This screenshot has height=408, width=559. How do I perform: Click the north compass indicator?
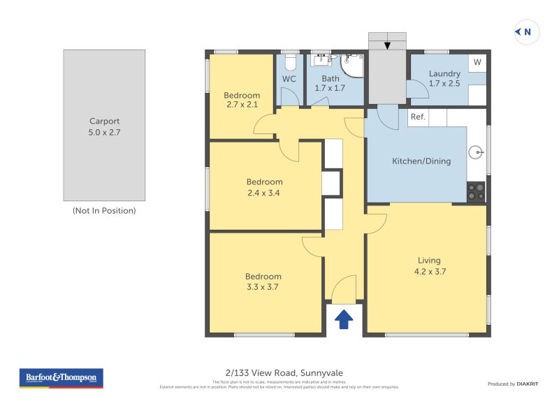(x=523, y=31)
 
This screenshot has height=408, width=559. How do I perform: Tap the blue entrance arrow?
(x=344, y=319)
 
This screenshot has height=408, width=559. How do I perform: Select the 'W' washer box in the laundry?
(x=477, y=62)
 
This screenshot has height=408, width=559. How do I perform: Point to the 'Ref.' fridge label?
(x=418, y=117)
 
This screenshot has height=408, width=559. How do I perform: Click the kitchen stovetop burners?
(x=476, y=191)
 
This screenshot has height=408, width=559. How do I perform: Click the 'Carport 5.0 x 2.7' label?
(x=104, y=126)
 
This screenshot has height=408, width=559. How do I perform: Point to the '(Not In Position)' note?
(x=104, y=210)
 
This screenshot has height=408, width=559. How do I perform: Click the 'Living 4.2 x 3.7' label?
(x=428, y=266)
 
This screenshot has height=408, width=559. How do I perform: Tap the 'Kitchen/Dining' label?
(x=421, y=161)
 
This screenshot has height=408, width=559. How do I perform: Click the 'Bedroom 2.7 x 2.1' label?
(x=242, y=100)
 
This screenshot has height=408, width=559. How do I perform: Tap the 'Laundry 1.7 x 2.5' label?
(x=444, y=78)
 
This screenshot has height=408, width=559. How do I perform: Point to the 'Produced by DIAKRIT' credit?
(x=514, y=384)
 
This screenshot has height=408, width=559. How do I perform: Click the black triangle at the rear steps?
(x=386, y=46)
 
